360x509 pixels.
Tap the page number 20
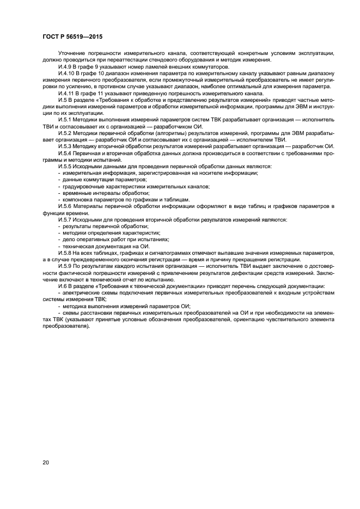(46, 462)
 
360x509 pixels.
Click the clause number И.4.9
(65, 66)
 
